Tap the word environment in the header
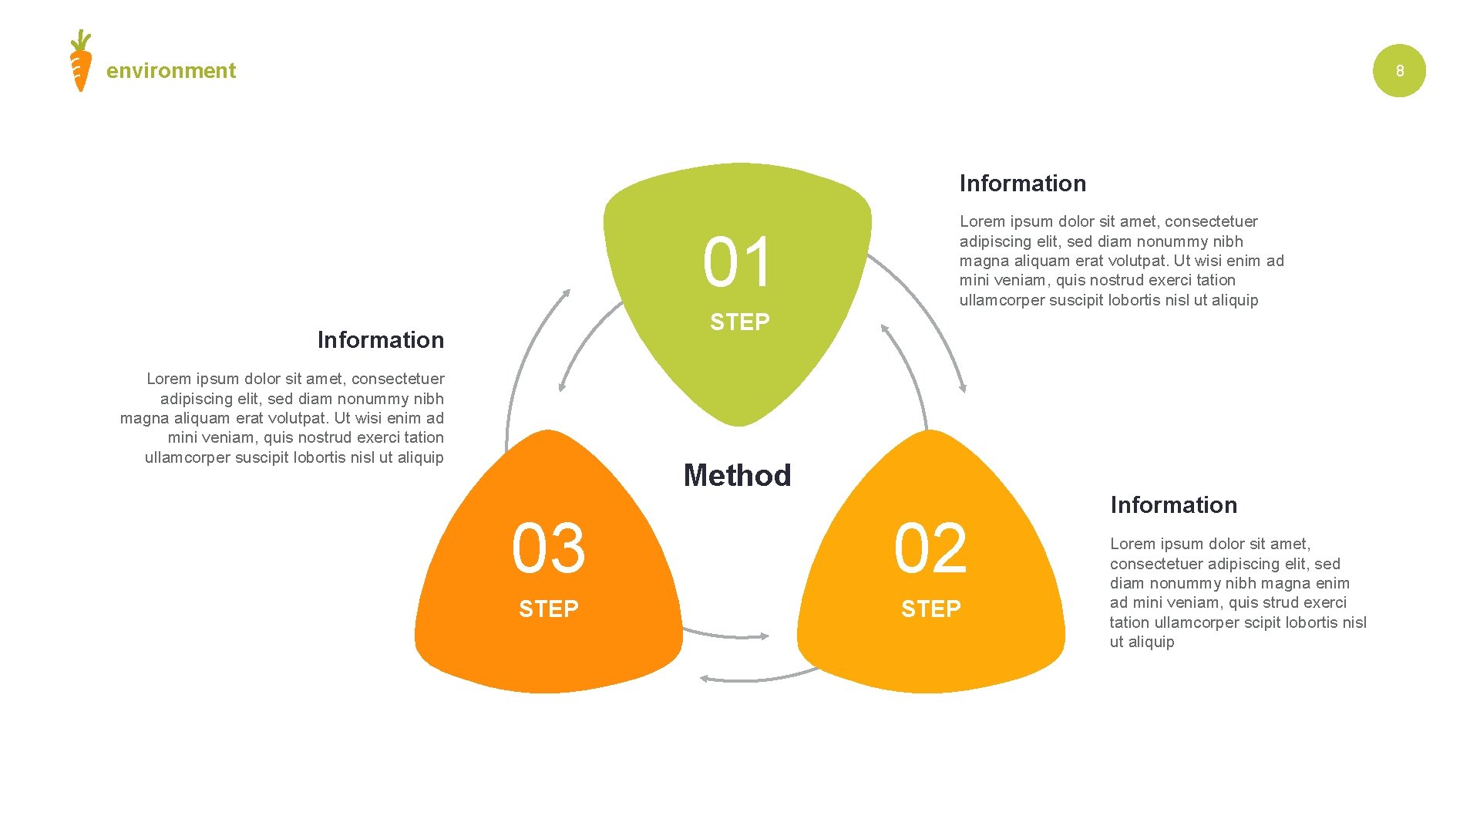171,71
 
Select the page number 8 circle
1399,71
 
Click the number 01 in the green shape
737,263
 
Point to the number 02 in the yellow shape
930,548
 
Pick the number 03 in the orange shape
549,548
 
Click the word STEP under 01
739,322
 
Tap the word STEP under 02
930,609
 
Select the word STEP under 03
548,609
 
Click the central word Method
737,475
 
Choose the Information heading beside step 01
1022,184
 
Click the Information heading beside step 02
1173,505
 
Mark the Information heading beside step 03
380,340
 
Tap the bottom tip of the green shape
738,423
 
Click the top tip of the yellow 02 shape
931,433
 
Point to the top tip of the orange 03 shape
547,433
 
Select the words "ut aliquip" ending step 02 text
1142,642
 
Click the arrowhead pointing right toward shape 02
764,636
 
